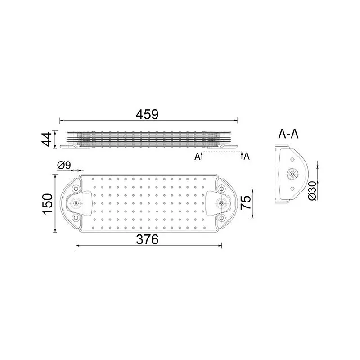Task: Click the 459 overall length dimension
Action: (147, 114)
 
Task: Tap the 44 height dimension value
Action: (47, 139)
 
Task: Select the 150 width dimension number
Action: (48, 204)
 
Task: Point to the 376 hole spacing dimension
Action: (147, 239)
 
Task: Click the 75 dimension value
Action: (246, 202)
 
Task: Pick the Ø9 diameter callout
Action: (64, 165)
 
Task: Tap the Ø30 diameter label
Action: (313, 190)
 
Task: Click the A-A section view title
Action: (288, 134)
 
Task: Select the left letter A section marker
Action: (197, 157)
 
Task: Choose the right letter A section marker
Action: (247, 156)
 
